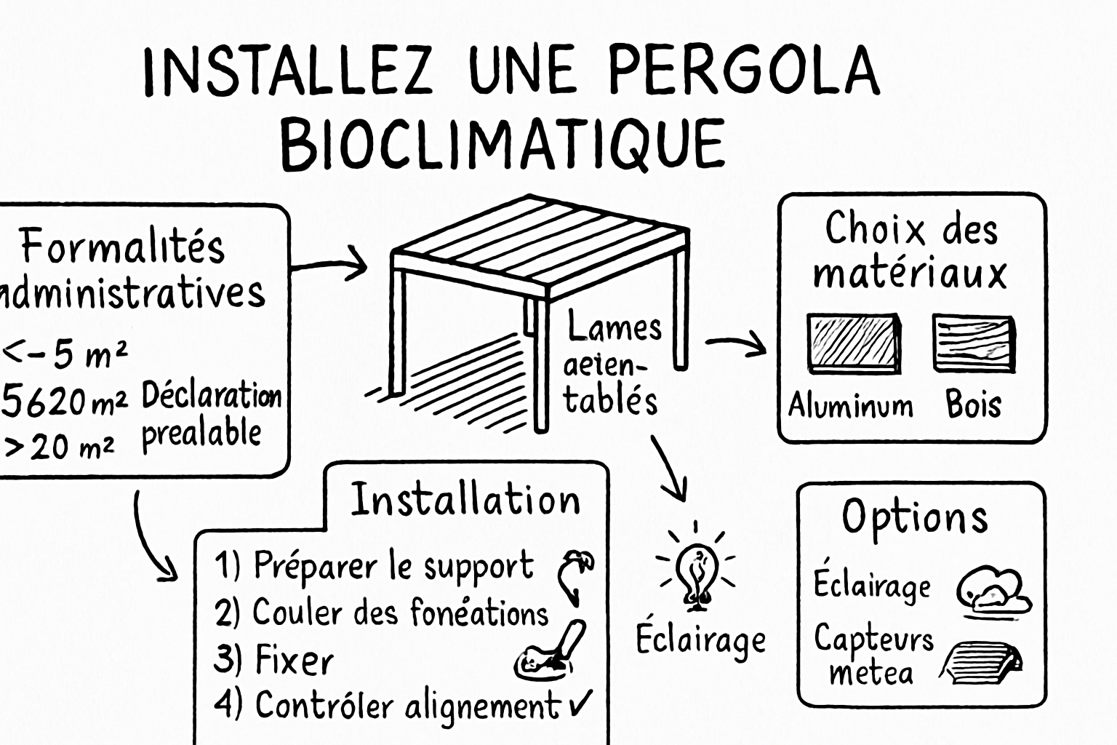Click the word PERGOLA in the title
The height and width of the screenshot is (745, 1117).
[743, 71]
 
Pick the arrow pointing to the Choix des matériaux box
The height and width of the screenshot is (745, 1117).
[737, 343]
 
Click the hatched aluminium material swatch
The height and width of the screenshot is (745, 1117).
[854, 343]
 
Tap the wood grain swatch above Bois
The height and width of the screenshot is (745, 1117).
[974, 343]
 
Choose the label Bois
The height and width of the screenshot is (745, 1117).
[973, 405]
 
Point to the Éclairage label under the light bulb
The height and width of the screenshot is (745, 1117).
[700, 640]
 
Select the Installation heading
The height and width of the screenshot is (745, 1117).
[465, 500]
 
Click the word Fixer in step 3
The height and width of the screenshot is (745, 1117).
[294, 660]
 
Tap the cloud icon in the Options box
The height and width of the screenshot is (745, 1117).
[993, 589]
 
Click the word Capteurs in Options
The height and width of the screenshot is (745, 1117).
[873, 639]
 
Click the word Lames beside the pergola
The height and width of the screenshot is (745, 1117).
[614, 327]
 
